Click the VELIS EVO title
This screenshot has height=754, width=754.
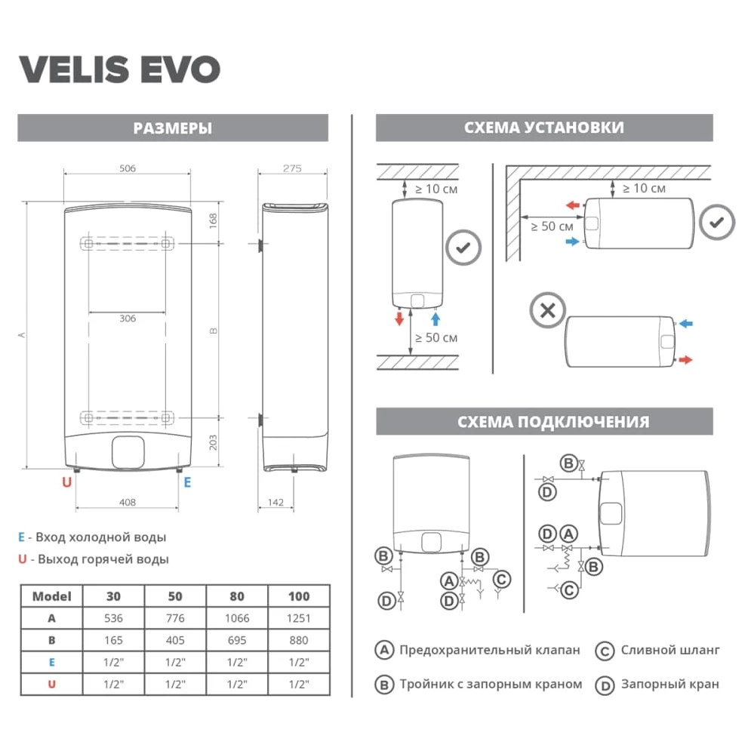coord(120,69)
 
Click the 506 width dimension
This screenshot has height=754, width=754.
coord(128,168)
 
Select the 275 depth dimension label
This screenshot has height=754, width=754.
coord(292,168)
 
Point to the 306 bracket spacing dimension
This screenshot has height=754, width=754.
coord(128,319)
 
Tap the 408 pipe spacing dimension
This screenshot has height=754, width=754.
coord(128,503)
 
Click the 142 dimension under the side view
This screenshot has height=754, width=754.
coord(275,503)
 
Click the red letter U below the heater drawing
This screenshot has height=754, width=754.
coord(67,482)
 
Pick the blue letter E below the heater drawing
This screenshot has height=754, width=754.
coord(187,482)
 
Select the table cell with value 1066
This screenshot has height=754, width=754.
coord(237,618)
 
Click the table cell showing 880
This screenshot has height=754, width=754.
coord(299,641)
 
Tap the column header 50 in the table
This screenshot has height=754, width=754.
coord(175,596)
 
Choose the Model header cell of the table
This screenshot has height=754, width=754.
coord(51,596)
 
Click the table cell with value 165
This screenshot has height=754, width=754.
coord(113,641)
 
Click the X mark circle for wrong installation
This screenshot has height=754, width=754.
coord(548,311)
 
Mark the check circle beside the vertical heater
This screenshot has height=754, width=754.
coord(463,248)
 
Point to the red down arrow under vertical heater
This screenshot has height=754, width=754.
coord(399,319)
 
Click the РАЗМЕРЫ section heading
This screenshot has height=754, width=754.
coord(173,128)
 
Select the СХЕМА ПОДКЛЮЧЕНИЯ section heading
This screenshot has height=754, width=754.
coord(553,422)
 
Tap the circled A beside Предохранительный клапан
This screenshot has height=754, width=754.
coord(384,650)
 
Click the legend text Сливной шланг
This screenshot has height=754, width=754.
coord(670,650)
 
